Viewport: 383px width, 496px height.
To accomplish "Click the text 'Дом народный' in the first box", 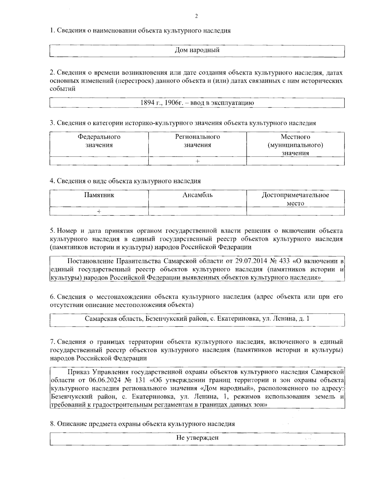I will tap(197, 50).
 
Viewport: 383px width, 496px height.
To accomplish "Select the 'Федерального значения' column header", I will tap(99, 141).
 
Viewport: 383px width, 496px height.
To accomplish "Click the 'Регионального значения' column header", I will tap(197, 141).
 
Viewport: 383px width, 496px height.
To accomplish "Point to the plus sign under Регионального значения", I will tap(197, 161).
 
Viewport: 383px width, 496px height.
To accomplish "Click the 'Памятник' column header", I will tap(99, 195).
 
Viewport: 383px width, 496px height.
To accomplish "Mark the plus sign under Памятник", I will tap(99, 211).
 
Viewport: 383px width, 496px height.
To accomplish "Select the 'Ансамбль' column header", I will tap(197, 195).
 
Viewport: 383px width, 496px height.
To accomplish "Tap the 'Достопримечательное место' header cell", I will tap(295, 199).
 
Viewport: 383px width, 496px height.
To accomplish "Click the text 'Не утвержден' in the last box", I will tap(197, 438).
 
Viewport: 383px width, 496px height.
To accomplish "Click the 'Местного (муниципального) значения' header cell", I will tap(295, 145).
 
